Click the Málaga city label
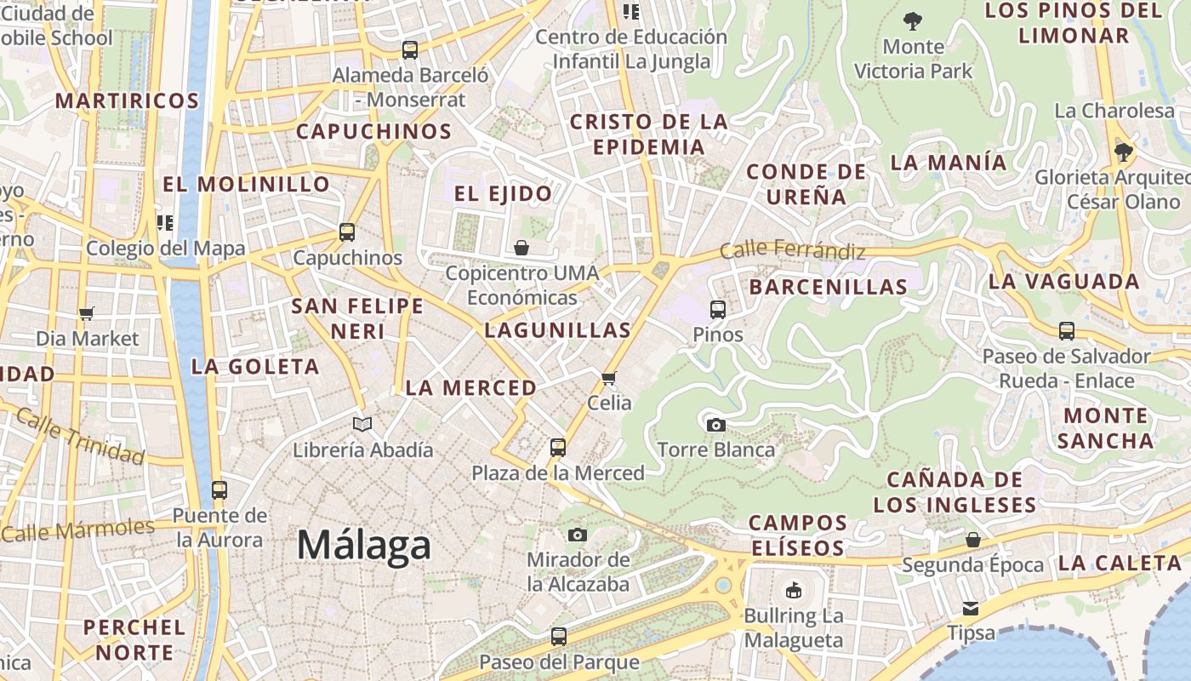(x=363, y=545)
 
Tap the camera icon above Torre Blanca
(x=716, y=425)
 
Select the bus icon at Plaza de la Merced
(x=558, y=447)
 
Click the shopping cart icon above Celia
(x=608, y=378)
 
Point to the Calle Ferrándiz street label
(x=792, y=250)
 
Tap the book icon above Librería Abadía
(x=362, y=424)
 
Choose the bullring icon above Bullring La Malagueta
(x=793, y=590)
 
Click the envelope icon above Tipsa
(x=971, y=609)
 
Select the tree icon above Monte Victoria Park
(x=913, y=20)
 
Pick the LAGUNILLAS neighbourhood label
(x=557, y=330)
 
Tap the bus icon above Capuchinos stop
(x=346, y=232)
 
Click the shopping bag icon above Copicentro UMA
(x=521, y=248)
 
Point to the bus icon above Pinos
(x=717, y=309)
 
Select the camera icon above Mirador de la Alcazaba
(x=578, y=535)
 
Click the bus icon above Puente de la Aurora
(x=219, y=489)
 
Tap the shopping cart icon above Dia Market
(x=86, y=313)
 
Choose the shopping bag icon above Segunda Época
(x=972, y=540)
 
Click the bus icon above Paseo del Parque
(x=558, y=636)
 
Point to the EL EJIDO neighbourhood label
(x=503, y=193)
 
